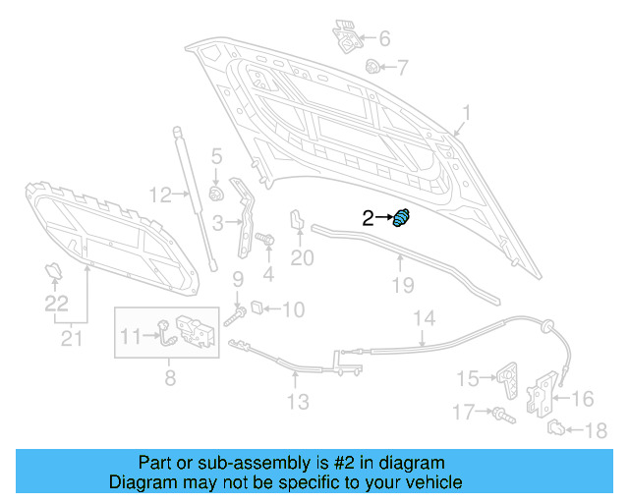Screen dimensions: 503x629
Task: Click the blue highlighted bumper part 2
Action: (x=401, y=218)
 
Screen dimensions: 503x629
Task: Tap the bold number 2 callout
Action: (x=368, y=219)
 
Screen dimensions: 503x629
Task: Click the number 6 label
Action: (x=383, y=39)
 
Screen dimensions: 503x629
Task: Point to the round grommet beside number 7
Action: (x=372, y=68)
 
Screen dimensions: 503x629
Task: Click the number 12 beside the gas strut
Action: (x=159, y=194)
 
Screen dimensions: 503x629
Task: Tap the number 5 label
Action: (x=216, y=155)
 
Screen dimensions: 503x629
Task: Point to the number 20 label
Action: (x=302, y=258)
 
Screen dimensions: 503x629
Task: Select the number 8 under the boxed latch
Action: (x=169, y=376)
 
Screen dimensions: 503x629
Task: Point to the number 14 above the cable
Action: (x=423, y=318)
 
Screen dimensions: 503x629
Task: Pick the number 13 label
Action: (x=297, y=401)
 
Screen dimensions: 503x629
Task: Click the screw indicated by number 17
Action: (x=500, y=416)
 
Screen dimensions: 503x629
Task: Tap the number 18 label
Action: (x=597, y=430)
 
